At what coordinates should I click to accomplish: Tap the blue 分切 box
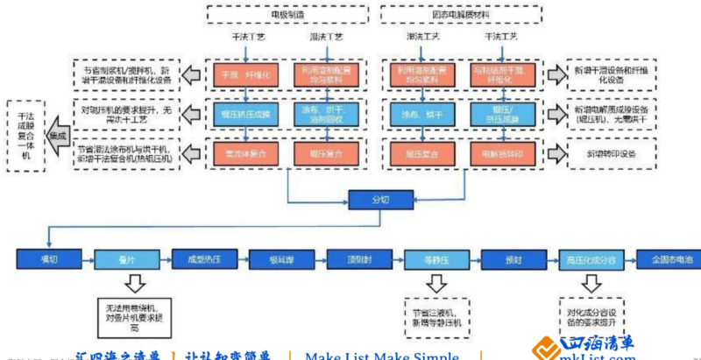click(x=379, y=200)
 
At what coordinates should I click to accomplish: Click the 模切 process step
click(x=48, y=260)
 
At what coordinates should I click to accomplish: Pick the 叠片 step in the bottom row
click(x=125, y=260)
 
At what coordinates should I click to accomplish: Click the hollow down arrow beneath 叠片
click(x=134, y=283)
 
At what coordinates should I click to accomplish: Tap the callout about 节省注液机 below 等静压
click(x=435, y=316)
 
